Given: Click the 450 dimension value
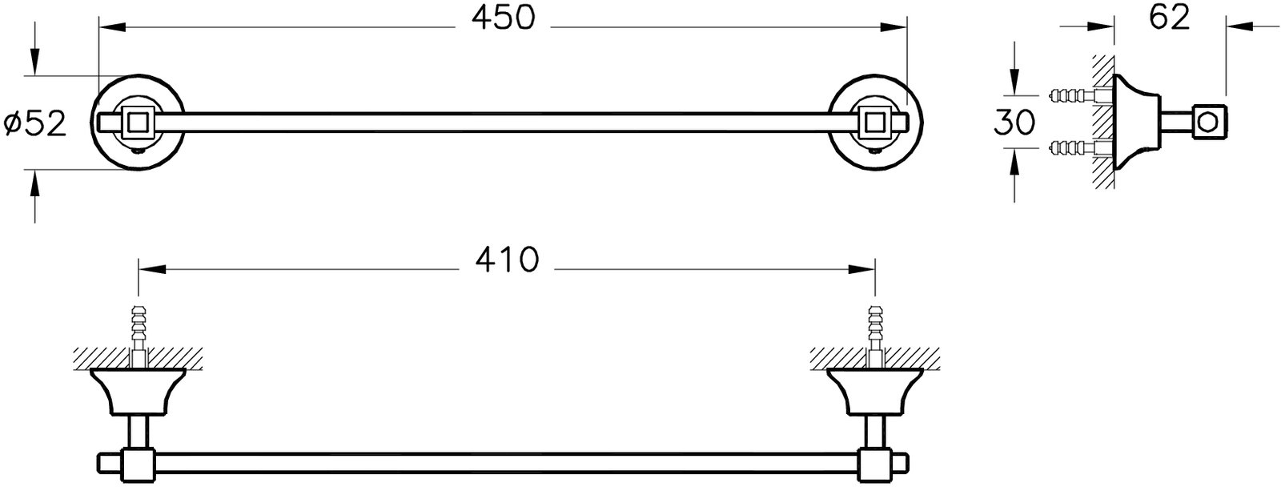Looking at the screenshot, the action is tap(504, 18).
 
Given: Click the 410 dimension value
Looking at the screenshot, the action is tap(507, 260).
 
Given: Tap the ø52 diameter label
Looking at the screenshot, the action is tap(35, 124).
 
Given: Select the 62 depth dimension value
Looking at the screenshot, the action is tap(1170, 18).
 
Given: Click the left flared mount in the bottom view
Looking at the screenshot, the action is tap(138, 392).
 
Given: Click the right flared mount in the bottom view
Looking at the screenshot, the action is tap(874, 392).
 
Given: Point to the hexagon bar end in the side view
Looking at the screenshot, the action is tap(1210, 123).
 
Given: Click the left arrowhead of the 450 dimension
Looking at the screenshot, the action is tap(112, 27).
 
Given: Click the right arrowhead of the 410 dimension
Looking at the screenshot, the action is tap(861, 269).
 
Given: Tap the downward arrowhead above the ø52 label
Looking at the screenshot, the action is tap(35, 62).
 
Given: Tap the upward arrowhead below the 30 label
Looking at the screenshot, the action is tap(1014, 162).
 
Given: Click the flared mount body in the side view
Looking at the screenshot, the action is tap(1136, 123).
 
